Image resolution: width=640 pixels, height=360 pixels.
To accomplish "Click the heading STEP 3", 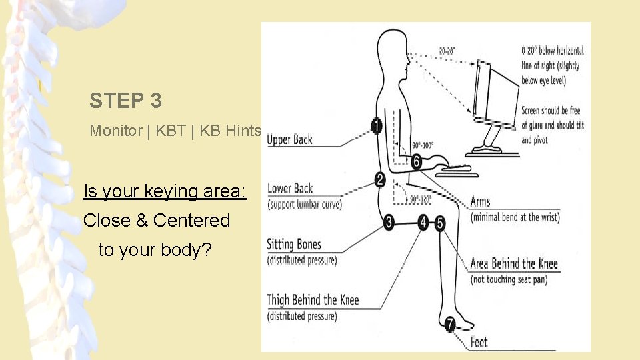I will coord(125,101).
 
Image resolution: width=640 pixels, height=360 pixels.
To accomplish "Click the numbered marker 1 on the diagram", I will coord(377,125).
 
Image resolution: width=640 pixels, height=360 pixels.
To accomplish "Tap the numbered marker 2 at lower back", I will coord(379,179).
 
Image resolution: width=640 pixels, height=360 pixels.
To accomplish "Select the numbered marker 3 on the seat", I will coord(389,223).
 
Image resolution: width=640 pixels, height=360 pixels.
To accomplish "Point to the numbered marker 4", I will coord(423,223).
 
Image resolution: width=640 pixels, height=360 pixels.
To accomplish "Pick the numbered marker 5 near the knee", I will coord(440,223).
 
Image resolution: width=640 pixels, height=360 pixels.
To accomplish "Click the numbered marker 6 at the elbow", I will coord(416,161).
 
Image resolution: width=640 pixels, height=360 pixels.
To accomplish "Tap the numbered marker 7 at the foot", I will coord(450,325).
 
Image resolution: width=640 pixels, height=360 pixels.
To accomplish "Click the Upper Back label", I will coord(289,140).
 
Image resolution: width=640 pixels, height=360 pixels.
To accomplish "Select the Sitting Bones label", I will coord(293,244).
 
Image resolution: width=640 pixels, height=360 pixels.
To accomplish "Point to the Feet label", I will coord(479,343).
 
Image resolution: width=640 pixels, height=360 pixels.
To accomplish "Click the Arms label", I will coord(480,202).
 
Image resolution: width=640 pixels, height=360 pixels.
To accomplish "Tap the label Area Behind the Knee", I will coord(513,263).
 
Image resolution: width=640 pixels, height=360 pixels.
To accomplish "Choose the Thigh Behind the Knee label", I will coord(313,300).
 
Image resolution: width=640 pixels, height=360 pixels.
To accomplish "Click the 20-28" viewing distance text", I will coord(448,51).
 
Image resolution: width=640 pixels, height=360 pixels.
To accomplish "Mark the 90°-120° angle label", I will coord(421,199).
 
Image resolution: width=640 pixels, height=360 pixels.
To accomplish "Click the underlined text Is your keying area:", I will coord(165,192).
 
